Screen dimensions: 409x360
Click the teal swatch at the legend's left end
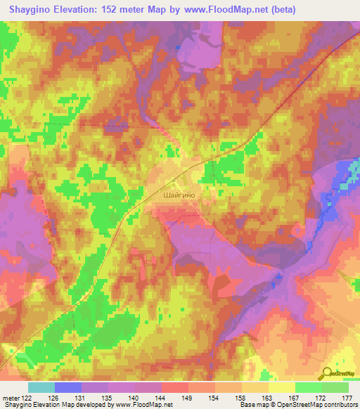(41, 387)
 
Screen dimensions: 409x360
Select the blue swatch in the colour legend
(68, 387)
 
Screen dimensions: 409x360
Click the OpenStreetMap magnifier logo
(326, 372)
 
